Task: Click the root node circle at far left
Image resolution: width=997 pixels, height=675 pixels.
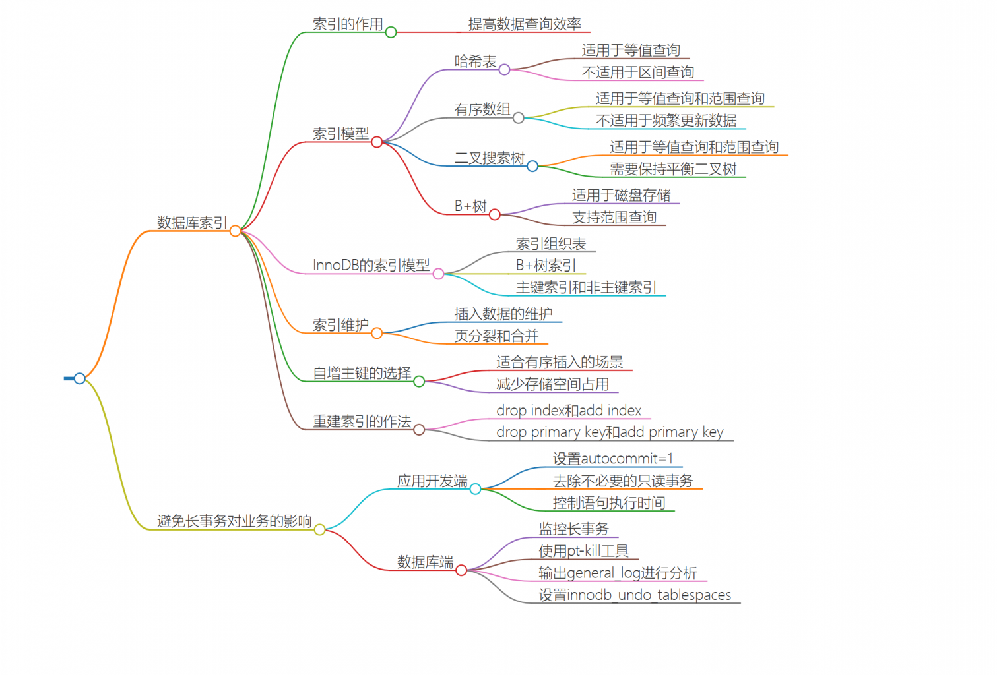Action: click(80, 378)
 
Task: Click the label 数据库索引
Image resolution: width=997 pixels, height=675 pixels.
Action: click(192, 223)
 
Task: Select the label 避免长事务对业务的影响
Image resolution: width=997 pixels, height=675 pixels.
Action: click(234, 521)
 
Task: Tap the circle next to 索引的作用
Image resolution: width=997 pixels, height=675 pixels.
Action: click(391, 32)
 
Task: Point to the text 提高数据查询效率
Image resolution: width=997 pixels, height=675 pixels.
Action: click(525, 24)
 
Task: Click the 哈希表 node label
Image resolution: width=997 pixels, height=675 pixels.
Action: click(475, 61)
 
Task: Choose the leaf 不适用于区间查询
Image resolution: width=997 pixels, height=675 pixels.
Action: click(637, 73)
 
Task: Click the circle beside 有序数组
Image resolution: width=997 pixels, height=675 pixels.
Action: click(519, 117)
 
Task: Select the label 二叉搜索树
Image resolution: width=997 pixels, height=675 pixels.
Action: click(489, 158)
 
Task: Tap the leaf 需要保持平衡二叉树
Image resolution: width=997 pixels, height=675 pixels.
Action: click(672, 169)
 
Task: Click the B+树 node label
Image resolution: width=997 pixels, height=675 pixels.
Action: click(470, 206)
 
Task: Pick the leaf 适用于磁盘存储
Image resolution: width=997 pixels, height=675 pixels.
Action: click(621, 195)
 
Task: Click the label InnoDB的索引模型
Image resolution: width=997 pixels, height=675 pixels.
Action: click(371, 265)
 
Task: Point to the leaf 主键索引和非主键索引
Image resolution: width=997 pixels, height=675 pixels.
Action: click(586, 287)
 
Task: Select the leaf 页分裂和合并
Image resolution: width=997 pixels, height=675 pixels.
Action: click(496, 336)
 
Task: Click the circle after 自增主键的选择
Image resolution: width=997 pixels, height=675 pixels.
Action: click(419, 381)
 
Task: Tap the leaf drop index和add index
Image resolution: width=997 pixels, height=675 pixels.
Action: click(569, 411)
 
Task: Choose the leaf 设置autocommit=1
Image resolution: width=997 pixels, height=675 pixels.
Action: click(613, 459)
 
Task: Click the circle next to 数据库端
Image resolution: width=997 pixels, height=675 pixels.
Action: click(461, 570)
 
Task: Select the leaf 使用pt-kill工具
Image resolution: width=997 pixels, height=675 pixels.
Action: click(583, 551)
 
